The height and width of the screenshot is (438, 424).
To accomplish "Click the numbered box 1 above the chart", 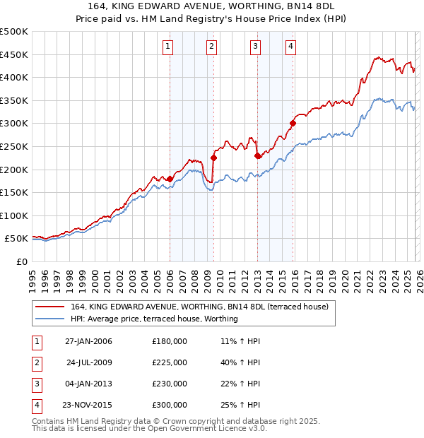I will click(x=168, y=47).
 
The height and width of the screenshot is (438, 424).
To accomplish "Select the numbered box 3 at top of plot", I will click(x=255, y=47).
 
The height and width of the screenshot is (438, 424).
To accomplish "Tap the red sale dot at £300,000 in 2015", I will click(x=293, y=123).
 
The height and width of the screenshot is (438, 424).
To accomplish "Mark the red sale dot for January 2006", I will click(x=170, y=179).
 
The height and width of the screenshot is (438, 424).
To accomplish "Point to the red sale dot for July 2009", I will click(x=213, y=158).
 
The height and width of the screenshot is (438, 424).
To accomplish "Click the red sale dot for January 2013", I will click(x=257, y=155).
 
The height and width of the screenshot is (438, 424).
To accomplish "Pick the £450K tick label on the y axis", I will click(x=14, y=54).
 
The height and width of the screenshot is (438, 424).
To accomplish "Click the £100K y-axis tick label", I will click(x=14, y=216).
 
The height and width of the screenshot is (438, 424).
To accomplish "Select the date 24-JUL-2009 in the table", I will click(x=89, y=362).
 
